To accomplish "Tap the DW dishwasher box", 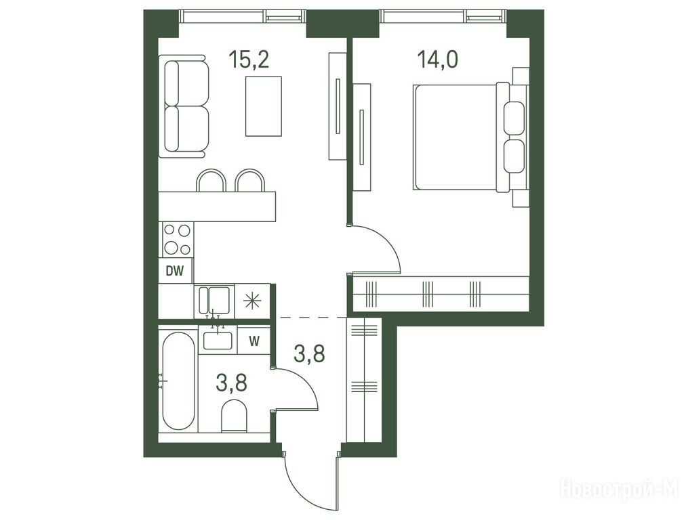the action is coord(175,272).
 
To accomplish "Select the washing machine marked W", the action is coord(254,341).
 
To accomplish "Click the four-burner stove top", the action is coord(178,240).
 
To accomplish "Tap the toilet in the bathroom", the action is coord(234,416).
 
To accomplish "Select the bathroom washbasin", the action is coord(218,340).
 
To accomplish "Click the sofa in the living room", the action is coord(184,106).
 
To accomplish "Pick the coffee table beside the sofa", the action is coord(263,106).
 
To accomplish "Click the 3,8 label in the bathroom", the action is coord(231,382).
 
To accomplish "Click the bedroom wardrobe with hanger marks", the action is coord(441,295).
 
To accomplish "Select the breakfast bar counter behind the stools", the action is coord(217,207).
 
